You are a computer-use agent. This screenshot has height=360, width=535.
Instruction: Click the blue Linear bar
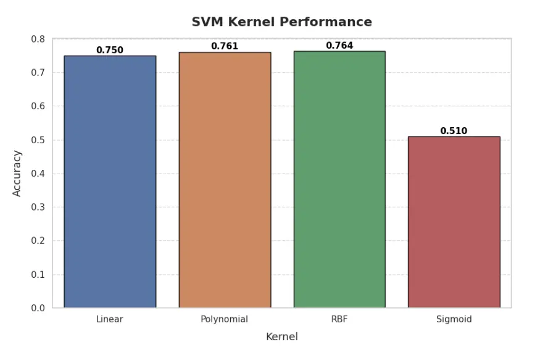tap(110, 182)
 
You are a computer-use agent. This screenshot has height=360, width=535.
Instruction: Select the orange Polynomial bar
tap(225, 180)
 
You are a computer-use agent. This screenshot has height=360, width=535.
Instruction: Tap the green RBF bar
tap(339, 179)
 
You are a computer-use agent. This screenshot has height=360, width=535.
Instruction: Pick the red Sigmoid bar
tap(454, 222)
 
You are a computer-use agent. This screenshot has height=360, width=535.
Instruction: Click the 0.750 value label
tap(110, 50)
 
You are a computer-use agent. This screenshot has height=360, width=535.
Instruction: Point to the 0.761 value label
tap(225, 46)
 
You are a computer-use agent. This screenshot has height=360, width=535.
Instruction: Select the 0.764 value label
tap(339, 46)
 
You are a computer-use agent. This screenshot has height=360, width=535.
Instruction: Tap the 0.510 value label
tap(454, 131)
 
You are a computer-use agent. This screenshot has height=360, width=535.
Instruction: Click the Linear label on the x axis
tap(110, 319)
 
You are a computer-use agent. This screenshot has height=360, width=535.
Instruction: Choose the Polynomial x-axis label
tap(225, 319)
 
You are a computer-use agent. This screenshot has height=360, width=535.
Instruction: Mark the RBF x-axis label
tap(339, 319)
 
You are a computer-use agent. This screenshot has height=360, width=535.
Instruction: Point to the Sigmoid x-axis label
tap(454, 319)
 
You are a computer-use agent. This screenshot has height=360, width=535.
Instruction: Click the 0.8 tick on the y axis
tap(38, 39)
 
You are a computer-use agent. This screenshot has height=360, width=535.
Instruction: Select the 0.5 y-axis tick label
tap(38, 140)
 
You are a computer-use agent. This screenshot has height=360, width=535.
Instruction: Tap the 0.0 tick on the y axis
tap(38, 308)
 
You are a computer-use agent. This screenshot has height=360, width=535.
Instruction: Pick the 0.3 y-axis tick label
tap(38, 207)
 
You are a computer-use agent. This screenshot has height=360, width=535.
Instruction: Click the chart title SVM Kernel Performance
tap(281, 22)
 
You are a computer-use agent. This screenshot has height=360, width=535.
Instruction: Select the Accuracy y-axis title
tap(17, 174)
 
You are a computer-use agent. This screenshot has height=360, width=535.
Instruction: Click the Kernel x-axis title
tap(281, 337)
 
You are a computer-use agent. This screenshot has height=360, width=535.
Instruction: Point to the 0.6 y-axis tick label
tap(38, 106)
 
